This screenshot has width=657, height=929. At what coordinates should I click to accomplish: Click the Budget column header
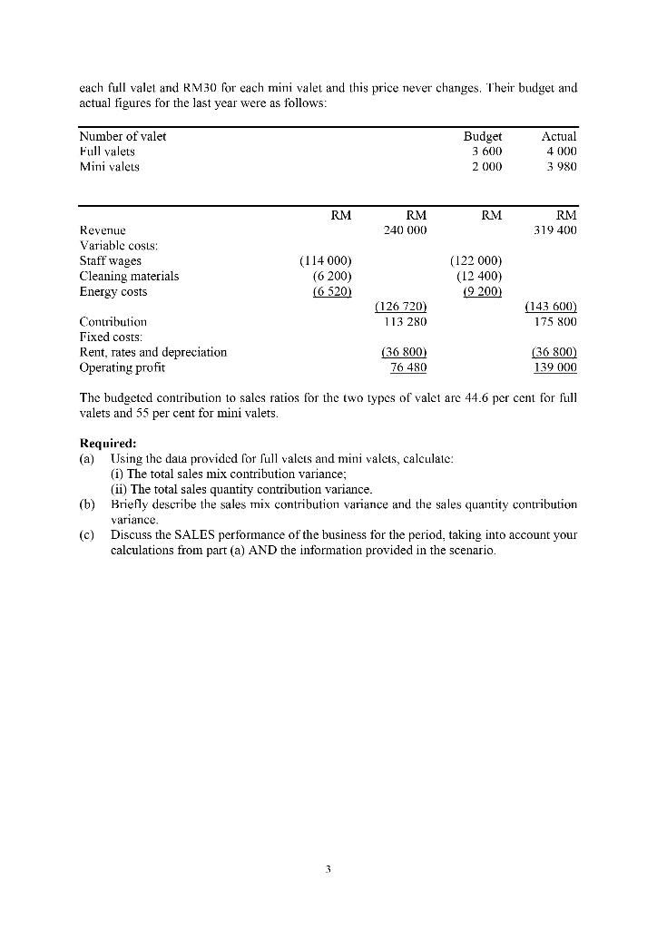click(482, 136)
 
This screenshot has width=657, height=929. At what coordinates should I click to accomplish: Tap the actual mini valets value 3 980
click(560, 167)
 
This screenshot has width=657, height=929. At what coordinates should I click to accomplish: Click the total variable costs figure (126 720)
click(401, 307)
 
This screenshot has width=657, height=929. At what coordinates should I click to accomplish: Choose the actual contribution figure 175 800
click(555, 321)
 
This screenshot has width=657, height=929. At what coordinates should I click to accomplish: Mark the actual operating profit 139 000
click(555, 367)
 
